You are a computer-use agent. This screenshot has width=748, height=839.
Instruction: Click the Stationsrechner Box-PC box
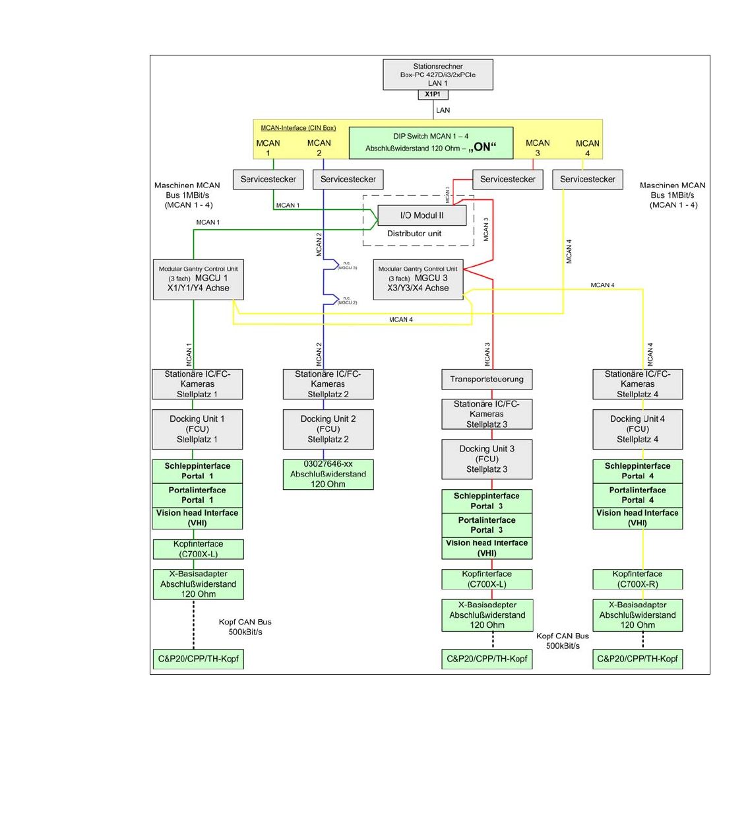pyautogui.click(x=438, y=75)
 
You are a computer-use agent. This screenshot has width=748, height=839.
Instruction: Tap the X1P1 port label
pyautogui.click(x=433, y=94)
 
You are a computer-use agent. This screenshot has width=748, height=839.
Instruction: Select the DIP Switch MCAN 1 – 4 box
pyautogui.click(x=431, y=143)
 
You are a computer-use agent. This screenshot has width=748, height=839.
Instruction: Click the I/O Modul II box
pyautogui.click(x=422, y=215)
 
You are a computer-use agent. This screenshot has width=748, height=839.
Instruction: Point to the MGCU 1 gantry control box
pyautogui.click(x=199, y=279)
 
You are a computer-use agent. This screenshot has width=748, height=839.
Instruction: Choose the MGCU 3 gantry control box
pyautogui.click(x=418, y=279)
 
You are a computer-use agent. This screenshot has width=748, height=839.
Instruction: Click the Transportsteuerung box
pyautogui.click(x=487, y=380)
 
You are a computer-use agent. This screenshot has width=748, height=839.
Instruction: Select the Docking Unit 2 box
pyautogui.click(x=328, y=429)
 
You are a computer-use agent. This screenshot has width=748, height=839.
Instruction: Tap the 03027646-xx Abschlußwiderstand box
pyautogui.click(x=328, y=474)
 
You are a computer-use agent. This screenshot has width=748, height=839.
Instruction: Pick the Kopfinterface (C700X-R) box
pyautogui.click(x=637, y=579)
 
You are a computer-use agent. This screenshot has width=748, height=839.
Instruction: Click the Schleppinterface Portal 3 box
pyautogui.click(x=487, y=501)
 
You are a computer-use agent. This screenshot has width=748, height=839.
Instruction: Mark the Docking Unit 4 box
pyautogui.click(x=637, y=429)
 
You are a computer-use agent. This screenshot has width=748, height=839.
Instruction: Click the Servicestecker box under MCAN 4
pyautogui.click(x=587, y=180)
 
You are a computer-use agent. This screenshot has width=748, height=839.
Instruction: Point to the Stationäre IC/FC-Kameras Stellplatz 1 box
pyautogui.click(x=197, y=384)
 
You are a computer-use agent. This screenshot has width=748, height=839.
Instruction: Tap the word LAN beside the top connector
pyautogui.click(x=443, y=110)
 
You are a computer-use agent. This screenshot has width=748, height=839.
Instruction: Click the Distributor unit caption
pyautogui.click(x=414, y=234)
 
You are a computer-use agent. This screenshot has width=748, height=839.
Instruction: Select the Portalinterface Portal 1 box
pyautogui.click(x=197, y=495)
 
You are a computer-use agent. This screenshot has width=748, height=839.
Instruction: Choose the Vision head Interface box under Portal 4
pyautogui.click(x=637, y=518)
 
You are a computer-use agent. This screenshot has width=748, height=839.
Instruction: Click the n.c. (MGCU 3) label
pyautogui.click(x=347, y=265)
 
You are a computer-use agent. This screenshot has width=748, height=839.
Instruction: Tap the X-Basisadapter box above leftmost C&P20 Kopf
pyautogui.click(x=198, y=584)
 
